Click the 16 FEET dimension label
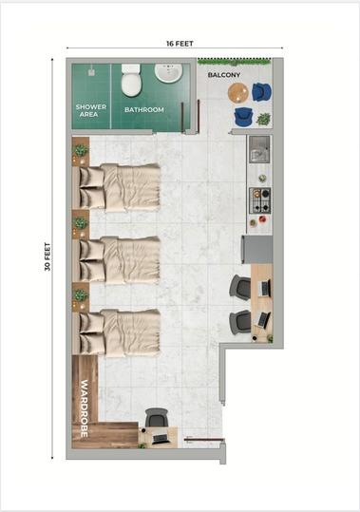[180, 44]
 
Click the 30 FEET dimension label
[47, 256]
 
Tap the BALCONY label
[224, 75]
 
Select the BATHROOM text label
[144, 110]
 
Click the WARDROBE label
[85, 408]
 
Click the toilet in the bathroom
[131, 80]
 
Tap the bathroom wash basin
[168, 73]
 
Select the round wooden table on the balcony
[238, 93]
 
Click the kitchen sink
[259, 149]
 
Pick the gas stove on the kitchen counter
[260, 200]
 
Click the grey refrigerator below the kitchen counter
[256, 250]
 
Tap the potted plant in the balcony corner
[263, 119]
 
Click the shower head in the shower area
[91, 71]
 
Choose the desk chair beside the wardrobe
[157, 418]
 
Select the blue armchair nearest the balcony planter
[261, 92]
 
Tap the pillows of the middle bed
[92, 261]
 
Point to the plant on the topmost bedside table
[81, 150]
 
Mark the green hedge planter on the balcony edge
[235, 62]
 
